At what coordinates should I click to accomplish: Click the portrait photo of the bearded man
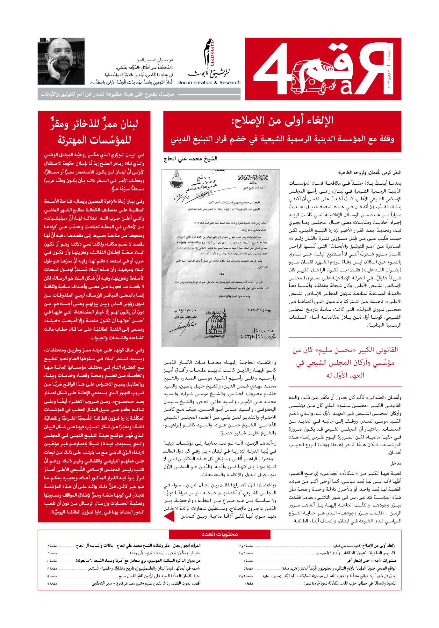pos(61,61)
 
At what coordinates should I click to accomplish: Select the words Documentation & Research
pos(209,83)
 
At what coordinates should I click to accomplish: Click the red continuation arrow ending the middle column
pos(167,516)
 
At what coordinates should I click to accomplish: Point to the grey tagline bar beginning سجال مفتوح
pos(107,94)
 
